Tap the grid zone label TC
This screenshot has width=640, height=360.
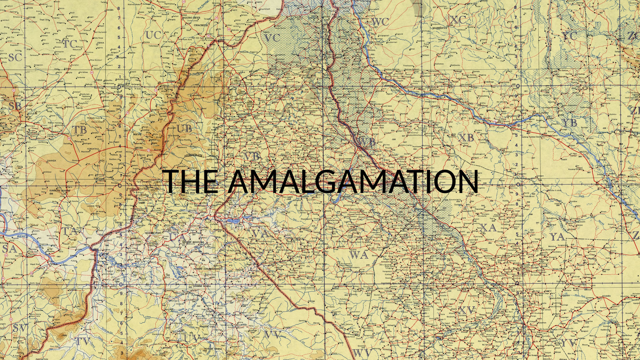(70, 44)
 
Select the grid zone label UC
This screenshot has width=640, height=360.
(153, 35)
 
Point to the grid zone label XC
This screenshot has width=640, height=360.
(458, 20)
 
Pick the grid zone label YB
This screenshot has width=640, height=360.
(569, 123)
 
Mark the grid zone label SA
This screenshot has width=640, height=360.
(9, 249)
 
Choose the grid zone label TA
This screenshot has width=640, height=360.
(69, 231)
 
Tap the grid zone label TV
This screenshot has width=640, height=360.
(83, 341)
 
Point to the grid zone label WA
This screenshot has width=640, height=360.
(359, 255)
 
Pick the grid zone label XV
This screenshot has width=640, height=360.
(466, 311)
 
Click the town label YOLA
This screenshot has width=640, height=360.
(54, 264)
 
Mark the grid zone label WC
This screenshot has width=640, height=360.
(380, 22)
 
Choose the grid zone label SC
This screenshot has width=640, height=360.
(15, 57)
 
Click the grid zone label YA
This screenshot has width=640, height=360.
(557, 237)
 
